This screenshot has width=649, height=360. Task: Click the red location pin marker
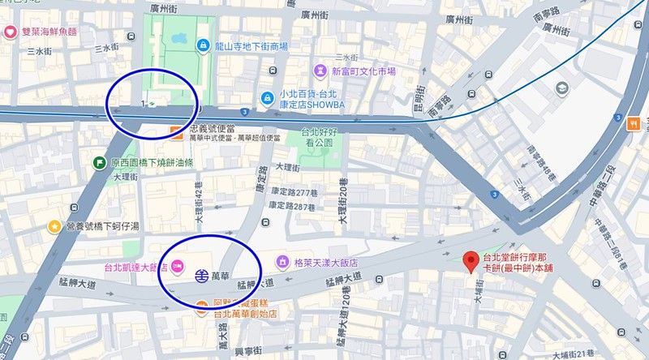point(469,261)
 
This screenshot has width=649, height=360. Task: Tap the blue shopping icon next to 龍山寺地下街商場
point(201,46)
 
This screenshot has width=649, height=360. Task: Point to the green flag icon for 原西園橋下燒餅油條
point(99,162)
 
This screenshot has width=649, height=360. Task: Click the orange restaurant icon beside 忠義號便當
point(175,129)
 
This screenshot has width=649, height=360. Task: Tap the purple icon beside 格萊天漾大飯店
point(282,262)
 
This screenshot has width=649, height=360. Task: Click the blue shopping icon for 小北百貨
point(266,98)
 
